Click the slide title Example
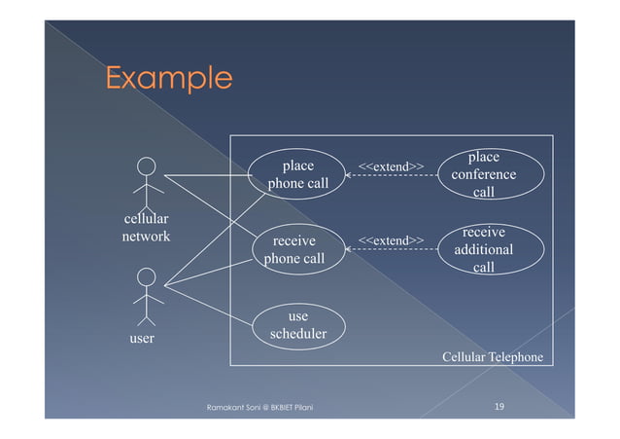[168, 77]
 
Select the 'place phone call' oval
[297, 174]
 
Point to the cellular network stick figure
[146, 179]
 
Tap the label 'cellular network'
[146, 228]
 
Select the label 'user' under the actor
[143, 339]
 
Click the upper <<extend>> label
[391, 166]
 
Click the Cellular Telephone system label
[493, 357]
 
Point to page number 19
[498, 405]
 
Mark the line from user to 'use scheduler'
[209, 305]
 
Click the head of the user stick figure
[146, 277]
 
